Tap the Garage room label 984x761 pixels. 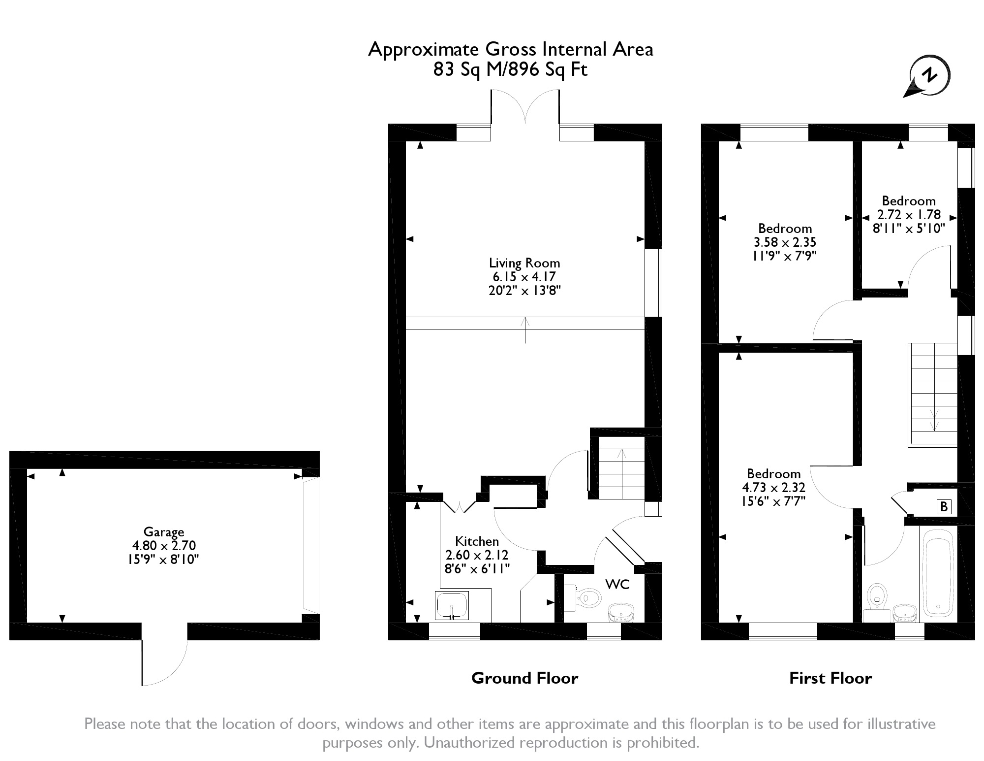164,531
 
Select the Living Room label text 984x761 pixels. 524,263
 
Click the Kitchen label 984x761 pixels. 477,541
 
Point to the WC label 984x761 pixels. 617,584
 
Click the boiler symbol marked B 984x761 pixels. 944,506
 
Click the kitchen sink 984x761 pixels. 452,605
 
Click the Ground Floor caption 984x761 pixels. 524,678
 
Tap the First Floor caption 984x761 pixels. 830,678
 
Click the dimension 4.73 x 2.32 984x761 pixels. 773,488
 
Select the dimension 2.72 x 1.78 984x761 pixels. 909,215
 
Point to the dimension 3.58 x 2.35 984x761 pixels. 785,242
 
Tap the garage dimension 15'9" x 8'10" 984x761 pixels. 164,559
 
